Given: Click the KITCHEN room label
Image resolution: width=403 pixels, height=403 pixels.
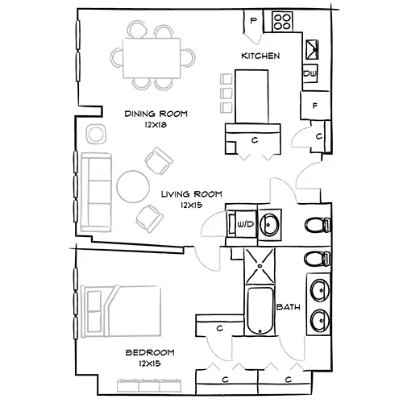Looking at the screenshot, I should tap(260, 56).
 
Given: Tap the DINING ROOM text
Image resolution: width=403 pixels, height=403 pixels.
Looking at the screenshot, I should tap(156, 114).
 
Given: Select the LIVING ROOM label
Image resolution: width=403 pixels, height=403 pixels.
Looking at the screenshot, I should tap(191, 194).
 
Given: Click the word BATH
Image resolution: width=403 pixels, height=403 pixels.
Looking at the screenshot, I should tap(289, 308).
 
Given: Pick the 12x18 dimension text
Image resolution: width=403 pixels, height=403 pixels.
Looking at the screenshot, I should tap(156, 126).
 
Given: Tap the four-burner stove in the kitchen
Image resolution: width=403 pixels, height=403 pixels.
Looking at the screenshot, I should tap(281, 20).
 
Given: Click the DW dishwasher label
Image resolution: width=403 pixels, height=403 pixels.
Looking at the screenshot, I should tap(310, 74).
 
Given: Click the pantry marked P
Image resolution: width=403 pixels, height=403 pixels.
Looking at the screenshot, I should tap(254, 21).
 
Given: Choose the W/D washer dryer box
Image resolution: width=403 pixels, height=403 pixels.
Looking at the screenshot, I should tap(243, 223).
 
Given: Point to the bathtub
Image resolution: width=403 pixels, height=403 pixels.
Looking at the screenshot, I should tap(260, 310).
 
